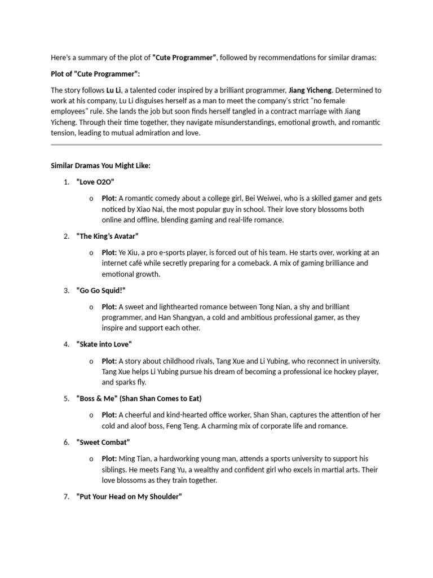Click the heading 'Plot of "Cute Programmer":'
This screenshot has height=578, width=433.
[x=95, y=74]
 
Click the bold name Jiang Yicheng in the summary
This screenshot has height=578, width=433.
[x=311, y=90]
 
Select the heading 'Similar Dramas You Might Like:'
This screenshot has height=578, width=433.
[x=101, y=166]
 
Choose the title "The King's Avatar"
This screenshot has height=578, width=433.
[x=107, y=236]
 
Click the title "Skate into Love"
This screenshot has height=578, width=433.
[x=104, y=344]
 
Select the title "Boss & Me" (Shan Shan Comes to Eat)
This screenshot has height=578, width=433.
[x=139, y=399]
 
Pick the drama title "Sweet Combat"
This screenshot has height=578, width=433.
[x=103, y=442]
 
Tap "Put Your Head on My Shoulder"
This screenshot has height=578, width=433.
[x=129, y=497]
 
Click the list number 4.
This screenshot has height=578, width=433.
[x=66, y=344]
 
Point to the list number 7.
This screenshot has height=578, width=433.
[x=66, y=497]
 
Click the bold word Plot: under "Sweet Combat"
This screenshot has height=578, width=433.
[x=109, y=458]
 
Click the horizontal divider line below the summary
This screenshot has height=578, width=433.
[x=216, y=145]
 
